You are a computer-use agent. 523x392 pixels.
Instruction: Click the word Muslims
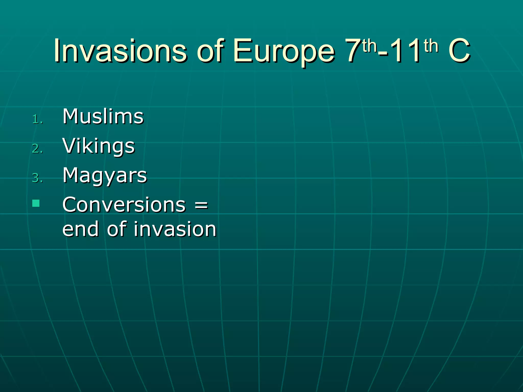pyautogui.click(x=103, y=116)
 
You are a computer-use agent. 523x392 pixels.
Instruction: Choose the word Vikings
pyautogui.click(x=99, y=146)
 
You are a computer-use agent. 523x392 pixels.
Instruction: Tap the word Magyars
pyautogui.click(x=105, y=176)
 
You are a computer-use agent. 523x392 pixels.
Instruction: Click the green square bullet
pyautogui.click(x=36, y=203)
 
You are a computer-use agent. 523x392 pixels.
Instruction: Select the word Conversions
pyautogui.click(x=124, y=205)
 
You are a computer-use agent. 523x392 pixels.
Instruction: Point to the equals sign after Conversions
pyautogui.click(x=201, y=205)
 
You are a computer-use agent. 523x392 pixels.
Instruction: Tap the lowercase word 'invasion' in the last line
pyautogui.click(x=175, y=229)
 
